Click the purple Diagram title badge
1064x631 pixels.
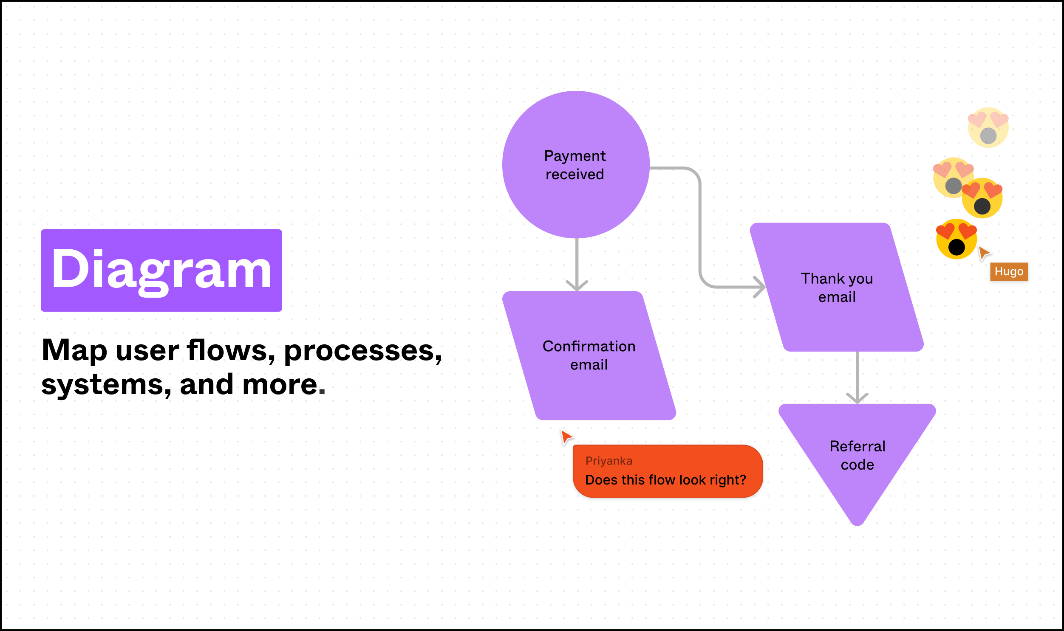pos(161,270)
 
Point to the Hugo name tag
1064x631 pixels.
pos(1009,272)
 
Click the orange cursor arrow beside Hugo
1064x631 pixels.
pos(984,253)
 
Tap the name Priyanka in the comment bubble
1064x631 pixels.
pos(608,461)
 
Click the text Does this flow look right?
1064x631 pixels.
pos(665,480)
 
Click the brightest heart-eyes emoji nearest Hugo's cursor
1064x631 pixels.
pos(956,239)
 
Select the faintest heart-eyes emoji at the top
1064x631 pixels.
pos(988,127)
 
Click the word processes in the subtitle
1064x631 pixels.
pos(363,351)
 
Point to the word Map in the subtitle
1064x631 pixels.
pos(74,350)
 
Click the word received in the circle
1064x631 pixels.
pos(574,175)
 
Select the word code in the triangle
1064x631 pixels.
pos(857,465)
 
